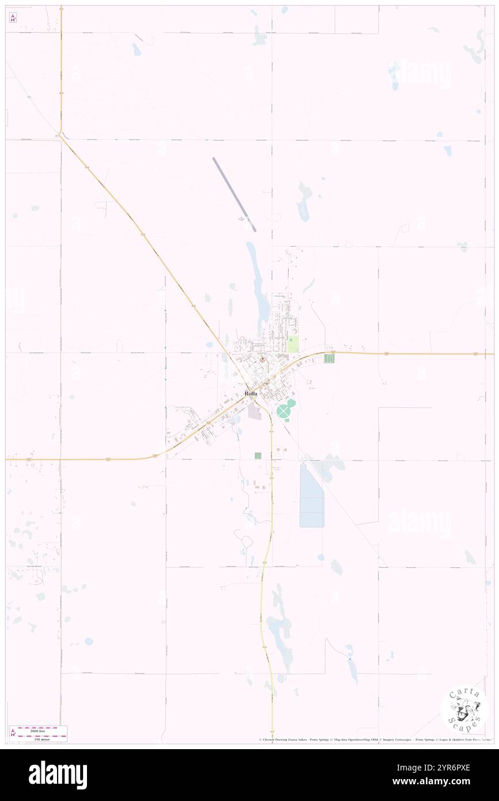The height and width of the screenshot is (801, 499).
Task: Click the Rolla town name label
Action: [x=251, y=393]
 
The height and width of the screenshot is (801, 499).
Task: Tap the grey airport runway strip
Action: [x=235, y=195]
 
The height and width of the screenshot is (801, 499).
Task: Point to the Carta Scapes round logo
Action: [x=464, y=709]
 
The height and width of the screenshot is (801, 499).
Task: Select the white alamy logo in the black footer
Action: [x=58, y=775]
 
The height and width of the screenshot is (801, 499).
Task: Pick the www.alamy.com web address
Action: [x=449, y=781]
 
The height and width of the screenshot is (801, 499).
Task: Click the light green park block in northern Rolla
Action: [x=293, y=345]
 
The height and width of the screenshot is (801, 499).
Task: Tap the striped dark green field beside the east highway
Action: [x=329, y=358]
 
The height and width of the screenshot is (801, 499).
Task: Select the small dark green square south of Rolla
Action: [x=258, y=455]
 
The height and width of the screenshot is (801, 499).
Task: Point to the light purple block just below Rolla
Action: [x=254, y=411]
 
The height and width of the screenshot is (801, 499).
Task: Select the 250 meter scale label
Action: [x=41, y=739]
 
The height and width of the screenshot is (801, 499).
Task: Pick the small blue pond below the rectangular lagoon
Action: [x=320, y=557]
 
